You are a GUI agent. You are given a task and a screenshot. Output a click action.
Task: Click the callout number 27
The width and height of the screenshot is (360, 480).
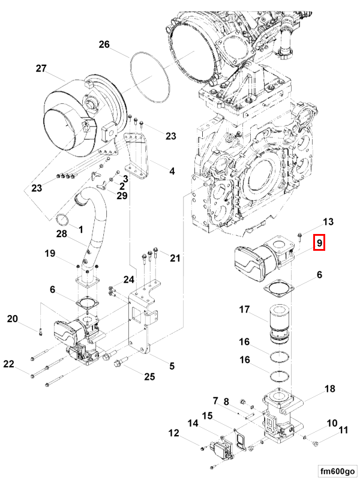(x=41, y=68)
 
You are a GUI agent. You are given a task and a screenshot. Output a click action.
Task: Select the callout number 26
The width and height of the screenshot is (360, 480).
(x=104, y=44)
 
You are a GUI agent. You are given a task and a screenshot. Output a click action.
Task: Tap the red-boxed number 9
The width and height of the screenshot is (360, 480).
(x=319, y=243)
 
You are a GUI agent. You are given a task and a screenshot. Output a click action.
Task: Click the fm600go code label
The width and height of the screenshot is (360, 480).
(x=337, y=471)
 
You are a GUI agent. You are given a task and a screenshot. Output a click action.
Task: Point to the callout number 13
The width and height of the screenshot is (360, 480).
(x=328, y=221)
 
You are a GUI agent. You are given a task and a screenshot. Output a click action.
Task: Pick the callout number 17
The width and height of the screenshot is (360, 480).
(x=244, y=310)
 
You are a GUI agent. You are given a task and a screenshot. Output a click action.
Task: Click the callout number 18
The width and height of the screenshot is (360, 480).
(x=329, y=389)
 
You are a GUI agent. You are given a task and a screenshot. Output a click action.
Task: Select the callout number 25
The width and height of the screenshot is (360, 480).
(x=149, y=377)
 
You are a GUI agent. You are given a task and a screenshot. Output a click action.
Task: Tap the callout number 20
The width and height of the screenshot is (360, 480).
(x=13, y=319)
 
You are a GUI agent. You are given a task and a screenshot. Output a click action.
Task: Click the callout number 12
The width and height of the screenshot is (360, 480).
(x=173, y=433)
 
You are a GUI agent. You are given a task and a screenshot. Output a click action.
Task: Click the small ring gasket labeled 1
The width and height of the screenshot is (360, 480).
(x=63, y=220)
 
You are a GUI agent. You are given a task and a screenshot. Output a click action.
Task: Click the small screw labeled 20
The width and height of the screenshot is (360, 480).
(x=40, y=332)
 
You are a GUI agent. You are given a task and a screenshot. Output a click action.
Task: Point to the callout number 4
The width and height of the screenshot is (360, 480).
(x=172, y=171)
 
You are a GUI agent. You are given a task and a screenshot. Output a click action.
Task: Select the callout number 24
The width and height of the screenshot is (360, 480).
(x=129, y=280)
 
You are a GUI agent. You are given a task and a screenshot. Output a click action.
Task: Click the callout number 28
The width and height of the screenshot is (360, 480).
(x=62, y=234)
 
